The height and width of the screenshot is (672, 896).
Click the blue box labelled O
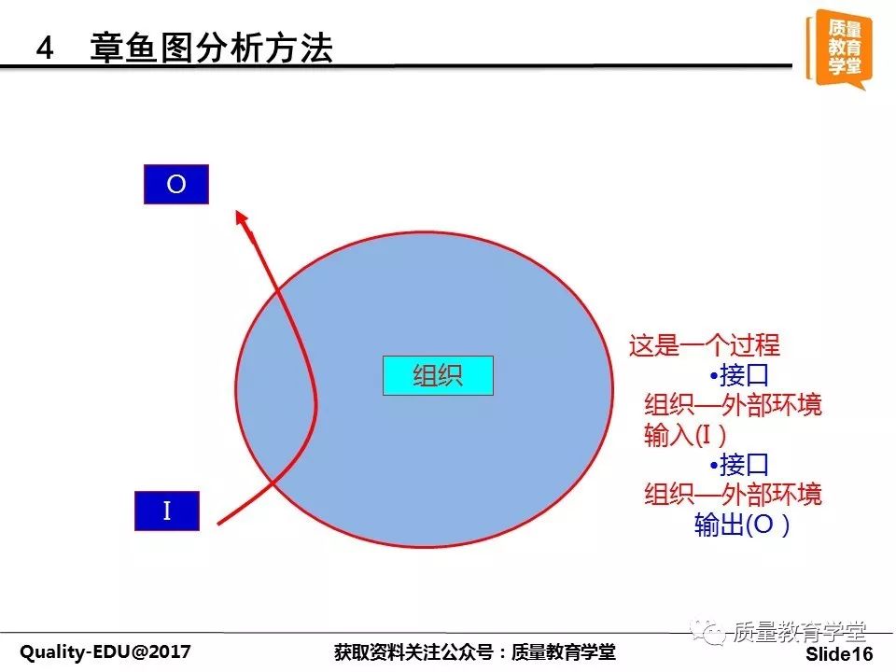pos(176,184)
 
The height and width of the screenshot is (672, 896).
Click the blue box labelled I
pos(167,511)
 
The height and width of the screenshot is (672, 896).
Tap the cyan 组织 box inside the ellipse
pos(438,375)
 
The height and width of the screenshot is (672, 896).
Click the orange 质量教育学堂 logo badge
pos(839,49)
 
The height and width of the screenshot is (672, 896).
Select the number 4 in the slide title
pos(45,48)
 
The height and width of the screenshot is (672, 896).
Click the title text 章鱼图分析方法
pos(211,48)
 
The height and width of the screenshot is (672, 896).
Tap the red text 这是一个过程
pos(704,345)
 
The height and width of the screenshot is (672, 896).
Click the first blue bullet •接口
pos(739,375)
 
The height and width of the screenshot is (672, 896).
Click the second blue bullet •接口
pos(739,465)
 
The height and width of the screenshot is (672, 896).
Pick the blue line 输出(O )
pos(742,524)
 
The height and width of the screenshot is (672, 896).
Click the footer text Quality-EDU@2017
pos(105,651)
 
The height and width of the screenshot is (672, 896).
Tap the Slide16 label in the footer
pos(839,653)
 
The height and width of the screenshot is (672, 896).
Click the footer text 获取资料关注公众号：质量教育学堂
pos(475,651)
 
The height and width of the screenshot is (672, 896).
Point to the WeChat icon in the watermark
pos(707,632)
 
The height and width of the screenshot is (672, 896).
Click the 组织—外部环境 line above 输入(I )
pos(733,404)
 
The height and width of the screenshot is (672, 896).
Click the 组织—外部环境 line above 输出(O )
pos(733,494)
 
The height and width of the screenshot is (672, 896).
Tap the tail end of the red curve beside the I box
pos(218,524)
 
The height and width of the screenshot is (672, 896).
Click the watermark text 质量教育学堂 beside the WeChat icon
pos(799,632)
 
